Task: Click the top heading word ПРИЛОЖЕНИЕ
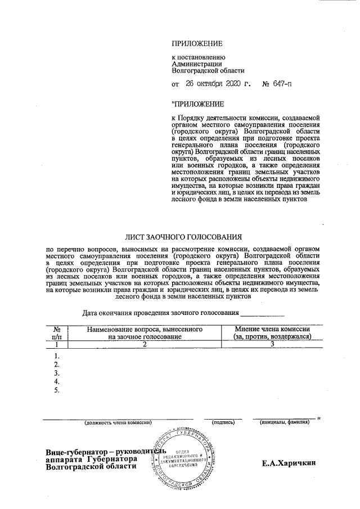click(x=197, y=43)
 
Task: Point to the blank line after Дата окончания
click(x=263, y=313)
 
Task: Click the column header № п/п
click(x=56, y=332)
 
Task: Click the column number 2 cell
click(x=145, y=344)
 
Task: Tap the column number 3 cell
click(x=272, y=344)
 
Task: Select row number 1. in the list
click(x=56, y=355)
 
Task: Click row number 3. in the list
click(x=56, y=373)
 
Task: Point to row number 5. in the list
click(x=56, y=390)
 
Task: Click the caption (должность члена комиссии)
click(x=118, y=422)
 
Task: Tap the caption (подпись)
click(x=223, y=422)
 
